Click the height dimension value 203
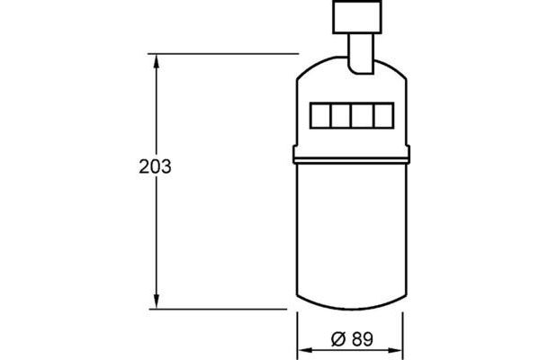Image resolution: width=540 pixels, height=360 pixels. tap(156, 166)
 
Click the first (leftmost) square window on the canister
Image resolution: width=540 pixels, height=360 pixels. tap(321, 116)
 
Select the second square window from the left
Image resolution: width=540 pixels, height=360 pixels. tap(341, 116)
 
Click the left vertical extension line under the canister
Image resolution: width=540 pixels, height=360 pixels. tap(297, 333)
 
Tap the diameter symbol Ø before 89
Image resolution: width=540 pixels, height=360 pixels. tap(337, 339)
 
